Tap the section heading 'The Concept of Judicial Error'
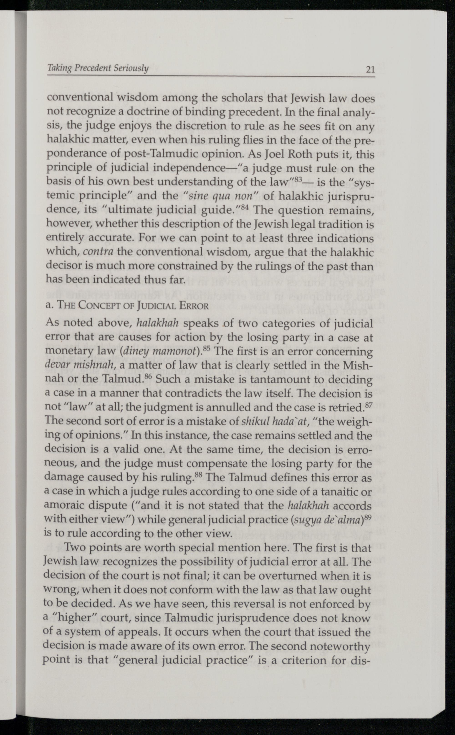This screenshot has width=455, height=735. coord(127,306)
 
